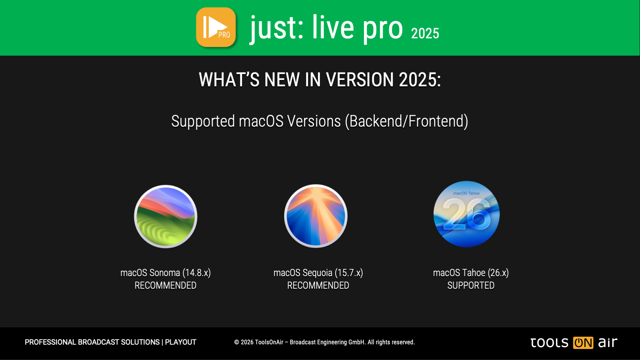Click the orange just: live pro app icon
[216, 27]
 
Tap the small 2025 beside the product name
[425, 33]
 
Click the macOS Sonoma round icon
[166, 216]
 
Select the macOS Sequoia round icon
[316, 216]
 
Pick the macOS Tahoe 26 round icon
[466, 214]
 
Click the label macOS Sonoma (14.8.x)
[166, 273]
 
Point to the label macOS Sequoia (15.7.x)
[318, 273]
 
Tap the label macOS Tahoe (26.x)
[471, 273]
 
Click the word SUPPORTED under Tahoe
[471, 285]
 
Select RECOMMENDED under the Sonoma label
[166, 285]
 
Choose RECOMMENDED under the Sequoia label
[318, 285]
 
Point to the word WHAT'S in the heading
[229, 80]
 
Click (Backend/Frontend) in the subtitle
[407, 121]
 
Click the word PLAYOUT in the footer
[181, 342]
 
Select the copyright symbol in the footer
[237, 342]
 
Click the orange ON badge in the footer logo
[583, 343]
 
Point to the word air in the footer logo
[608, 342]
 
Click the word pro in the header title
[383, 29]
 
